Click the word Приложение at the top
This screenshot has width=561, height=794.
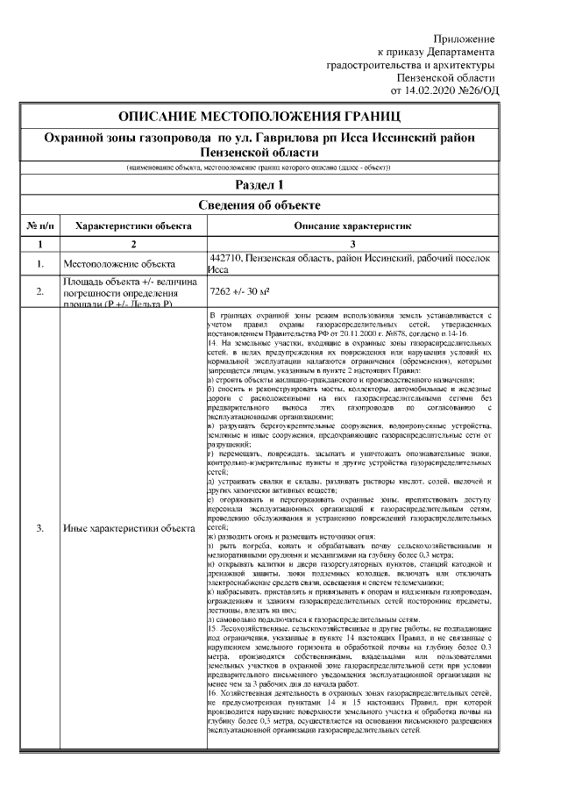point(465,39)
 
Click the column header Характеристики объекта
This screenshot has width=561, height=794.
point(134,225)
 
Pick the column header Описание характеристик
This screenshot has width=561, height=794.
point(352,225)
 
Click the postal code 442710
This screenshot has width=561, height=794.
point(228,258)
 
